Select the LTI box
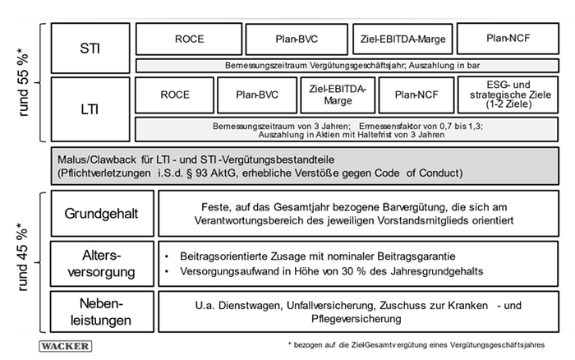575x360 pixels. click(90, 108)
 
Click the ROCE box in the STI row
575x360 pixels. click(186, 38)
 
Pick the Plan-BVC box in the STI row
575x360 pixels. click(295, 38)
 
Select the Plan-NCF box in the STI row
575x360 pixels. click(505, 38)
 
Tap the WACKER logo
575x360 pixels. click(65, 346)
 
